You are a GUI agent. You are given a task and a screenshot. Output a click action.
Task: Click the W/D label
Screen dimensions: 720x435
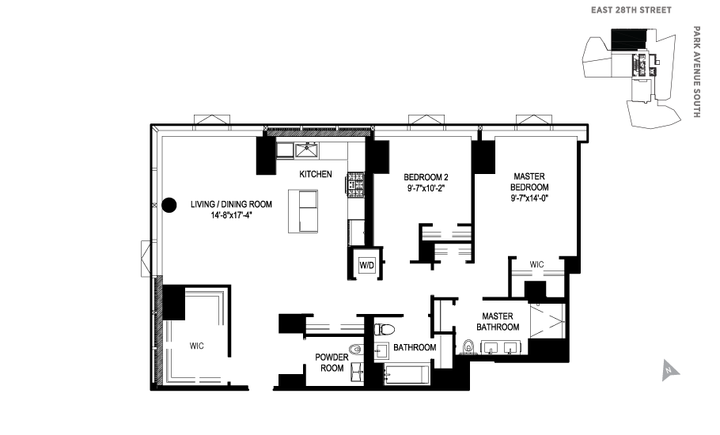click(367, 266)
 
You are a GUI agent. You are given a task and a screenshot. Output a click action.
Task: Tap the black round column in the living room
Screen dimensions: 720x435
click(169, 205)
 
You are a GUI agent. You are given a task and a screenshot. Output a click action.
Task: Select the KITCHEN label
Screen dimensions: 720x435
click(315, 175)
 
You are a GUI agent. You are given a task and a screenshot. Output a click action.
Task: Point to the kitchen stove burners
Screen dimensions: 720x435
click(354, 184)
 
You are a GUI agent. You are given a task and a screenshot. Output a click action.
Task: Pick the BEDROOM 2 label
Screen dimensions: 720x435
click(426, 176)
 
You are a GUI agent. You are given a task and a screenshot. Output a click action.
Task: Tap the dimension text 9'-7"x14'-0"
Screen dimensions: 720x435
click(530, 199)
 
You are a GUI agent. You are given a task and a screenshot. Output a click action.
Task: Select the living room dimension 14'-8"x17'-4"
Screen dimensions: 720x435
click(231, 215)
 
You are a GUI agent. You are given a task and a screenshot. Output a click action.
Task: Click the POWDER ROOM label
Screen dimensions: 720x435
click(331, 362)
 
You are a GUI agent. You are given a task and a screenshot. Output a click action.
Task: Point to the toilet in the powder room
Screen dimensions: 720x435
click(356, 349)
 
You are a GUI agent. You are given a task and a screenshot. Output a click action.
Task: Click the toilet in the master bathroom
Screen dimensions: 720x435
click(468, 346)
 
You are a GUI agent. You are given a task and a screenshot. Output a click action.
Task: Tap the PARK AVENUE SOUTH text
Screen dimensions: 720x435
click(696, 72)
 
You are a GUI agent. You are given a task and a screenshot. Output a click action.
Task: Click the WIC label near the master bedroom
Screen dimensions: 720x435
click(537, 264)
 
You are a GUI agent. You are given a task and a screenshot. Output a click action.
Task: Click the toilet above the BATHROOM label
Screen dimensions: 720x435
click(386, 328)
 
